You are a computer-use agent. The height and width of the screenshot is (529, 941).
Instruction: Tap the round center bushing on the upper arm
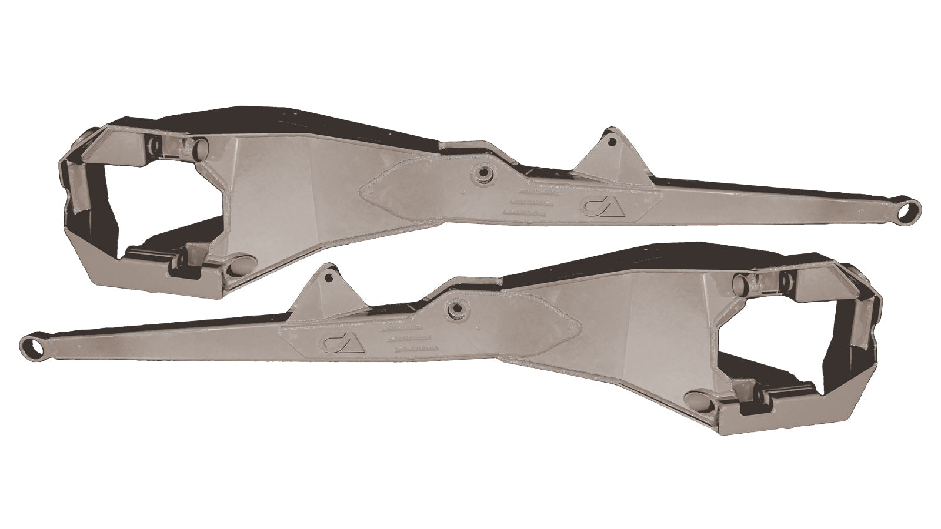click(x=485, y=172)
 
